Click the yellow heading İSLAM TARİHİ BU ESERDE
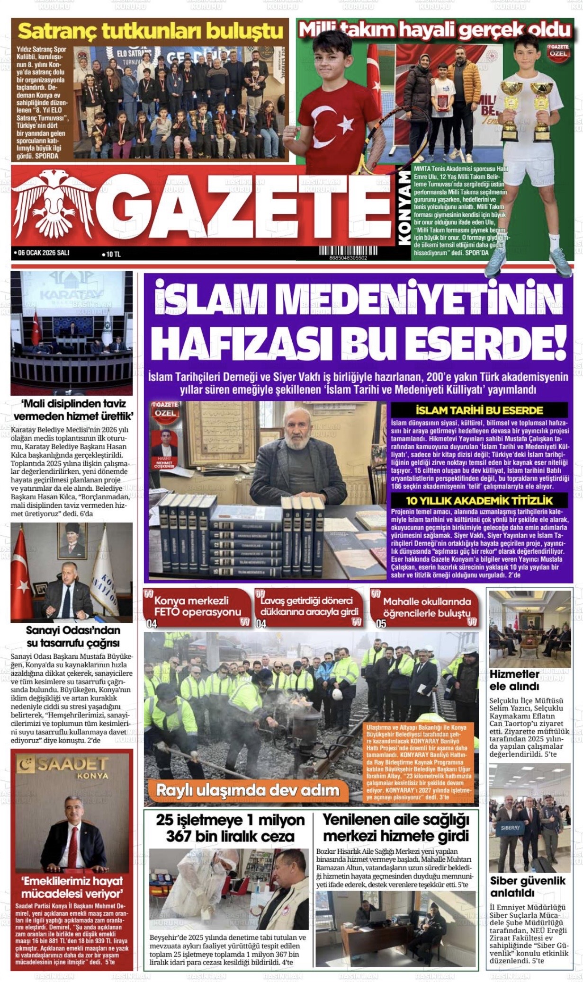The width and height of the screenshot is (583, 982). pyautogui.click(x=479, y=410)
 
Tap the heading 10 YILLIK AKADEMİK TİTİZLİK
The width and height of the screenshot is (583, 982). pyautogui.click(x=479, y=501)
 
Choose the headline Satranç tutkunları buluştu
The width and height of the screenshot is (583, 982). pyautogui.click(x=150, y=32)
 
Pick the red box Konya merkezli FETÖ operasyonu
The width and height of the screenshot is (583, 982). pyautogui.click(x=197, y=606)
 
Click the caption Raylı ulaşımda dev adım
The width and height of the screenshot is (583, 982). pyautogui.click(x=247, y=790)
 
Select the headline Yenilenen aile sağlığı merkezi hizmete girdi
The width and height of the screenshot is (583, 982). pyautogui.click(x=395, y=827)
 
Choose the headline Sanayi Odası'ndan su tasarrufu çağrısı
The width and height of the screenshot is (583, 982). pyautogui.click(x=73, y=637)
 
